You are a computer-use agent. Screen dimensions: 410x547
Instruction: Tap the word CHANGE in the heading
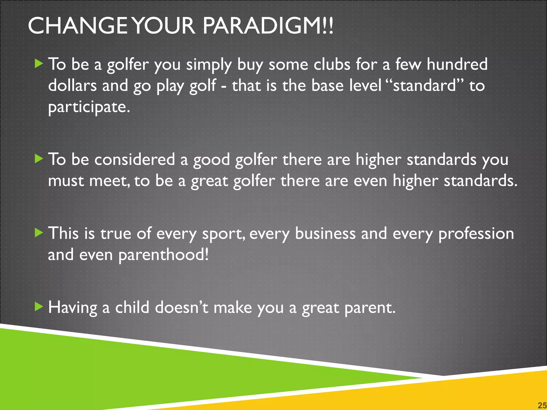click(x=77, y=26)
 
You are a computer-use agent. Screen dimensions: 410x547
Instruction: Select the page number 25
click(x=542, y=405)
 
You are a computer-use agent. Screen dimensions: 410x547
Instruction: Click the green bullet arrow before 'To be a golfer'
click(x=39, y=64)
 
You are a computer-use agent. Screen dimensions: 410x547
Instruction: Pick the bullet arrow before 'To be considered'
click(x=39, y=159)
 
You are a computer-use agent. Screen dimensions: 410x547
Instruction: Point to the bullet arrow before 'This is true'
click(x=39, y=233)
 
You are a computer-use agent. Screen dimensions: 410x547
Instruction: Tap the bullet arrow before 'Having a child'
click(x=39, y=307)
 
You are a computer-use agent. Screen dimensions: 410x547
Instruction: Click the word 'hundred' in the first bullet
click(x=457, y=64)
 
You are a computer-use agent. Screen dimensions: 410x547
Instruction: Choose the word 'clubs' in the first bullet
click(x=331, y=64)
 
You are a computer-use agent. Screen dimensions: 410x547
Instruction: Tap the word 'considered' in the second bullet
click(x=135, y=160)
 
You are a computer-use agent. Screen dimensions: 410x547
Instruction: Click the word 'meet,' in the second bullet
click(x=110, y=181)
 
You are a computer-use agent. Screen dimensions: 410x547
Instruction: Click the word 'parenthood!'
click(x=163, y=255)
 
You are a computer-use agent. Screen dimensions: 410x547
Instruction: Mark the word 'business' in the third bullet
click(x=325, y=234)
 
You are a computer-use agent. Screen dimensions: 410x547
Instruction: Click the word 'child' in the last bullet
click(x=132, y=307)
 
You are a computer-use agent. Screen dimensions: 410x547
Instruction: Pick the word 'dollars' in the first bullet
click(x=72, y=86)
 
